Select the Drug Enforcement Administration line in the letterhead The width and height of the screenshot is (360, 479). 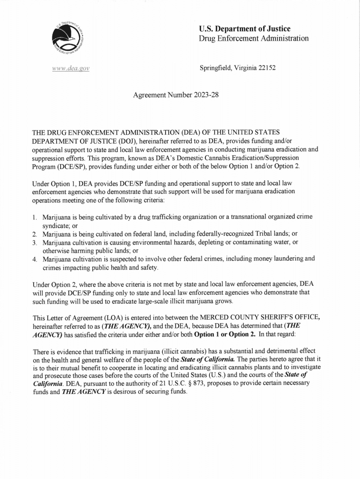(253, 38)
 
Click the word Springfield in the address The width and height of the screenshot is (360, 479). (216, 68)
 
